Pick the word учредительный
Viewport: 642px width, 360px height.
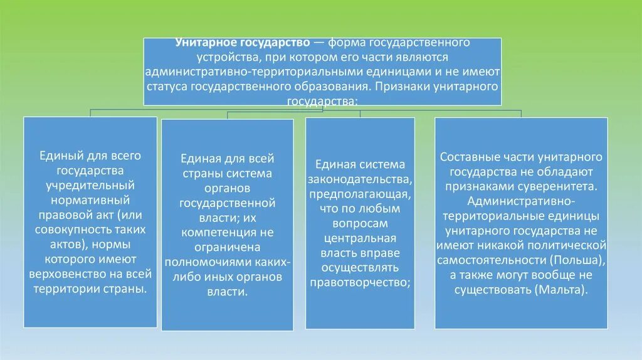[90, 186]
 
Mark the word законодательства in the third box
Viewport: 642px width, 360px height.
[360, 179]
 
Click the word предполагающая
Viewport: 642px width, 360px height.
[360, 194]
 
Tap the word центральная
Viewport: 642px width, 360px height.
[360, 238]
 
